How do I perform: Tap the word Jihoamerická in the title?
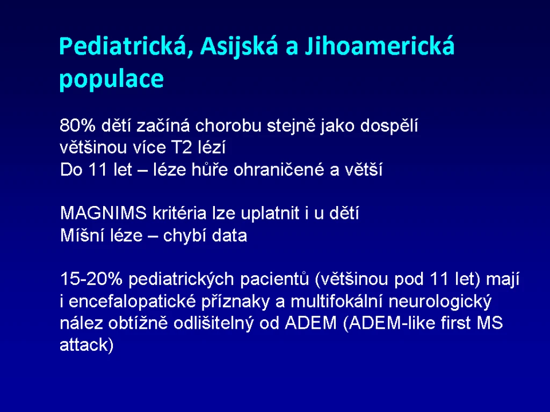coord(380,47)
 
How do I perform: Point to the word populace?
coord(112,79)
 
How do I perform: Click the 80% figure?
coord(77,126)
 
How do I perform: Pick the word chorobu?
coord(228,126)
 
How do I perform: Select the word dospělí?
coord(389,126)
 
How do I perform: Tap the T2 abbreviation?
coord(182,148)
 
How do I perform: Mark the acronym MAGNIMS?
coord(103,213)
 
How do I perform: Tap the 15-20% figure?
coord(91,279)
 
